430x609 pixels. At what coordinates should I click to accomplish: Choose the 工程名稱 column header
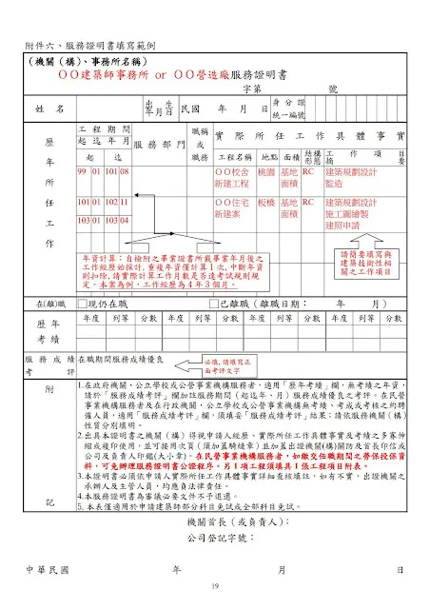[x=231, y=156]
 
